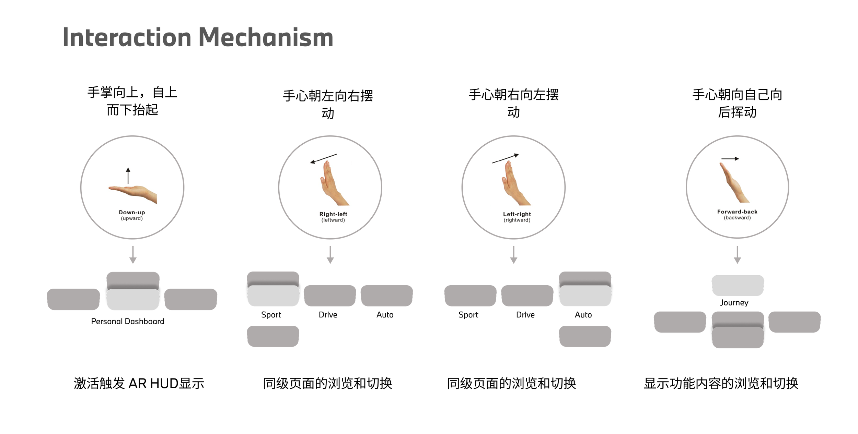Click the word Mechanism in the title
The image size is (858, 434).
266,37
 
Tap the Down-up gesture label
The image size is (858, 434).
132,213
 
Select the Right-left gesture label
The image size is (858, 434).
333,214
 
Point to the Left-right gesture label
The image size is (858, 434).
517,214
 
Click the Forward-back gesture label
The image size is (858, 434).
737,212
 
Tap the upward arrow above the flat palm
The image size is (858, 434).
128,176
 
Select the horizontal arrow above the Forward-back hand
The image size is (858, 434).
730,159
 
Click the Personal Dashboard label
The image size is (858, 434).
128,322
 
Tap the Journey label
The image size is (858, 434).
734,303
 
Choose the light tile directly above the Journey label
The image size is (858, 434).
738,285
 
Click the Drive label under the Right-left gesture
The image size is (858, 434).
328,315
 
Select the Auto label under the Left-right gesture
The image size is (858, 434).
583,315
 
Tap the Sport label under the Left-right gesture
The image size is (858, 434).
468,315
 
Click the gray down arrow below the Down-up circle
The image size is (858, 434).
133,255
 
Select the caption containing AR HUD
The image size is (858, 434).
139,383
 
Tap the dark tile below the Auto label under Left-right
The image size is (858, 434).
585,336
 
